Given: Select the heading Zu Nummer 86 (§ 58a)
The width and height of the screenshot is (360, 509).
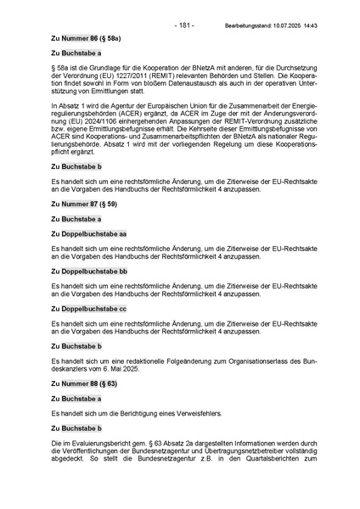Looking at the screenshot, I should coord(85,39).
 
